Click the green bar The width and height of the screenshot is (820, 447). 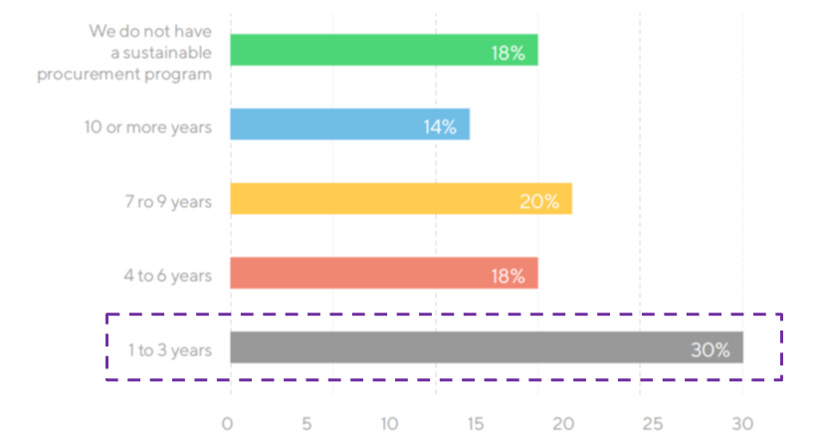pos(384,50)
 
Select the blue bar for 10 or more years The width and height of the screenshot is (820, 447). pos(350,124)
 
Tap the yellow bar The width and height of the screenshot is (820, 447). pos(401,198)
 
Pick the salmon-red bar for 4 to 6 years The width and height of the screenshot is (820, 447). pos(384,273)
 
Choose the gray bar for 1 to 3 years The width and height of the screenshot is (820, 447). pos(487,347)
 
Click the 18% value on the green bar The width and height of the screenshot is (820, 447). pos(508,53)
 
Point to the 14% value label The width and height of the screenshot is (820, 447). pos(440,127)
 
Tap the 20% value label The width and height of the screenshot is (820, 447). pos(539,201)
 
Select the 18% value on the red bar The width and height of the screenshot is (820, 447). pos(508,276)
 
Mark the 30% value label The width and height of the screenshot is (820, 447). pos(711,350)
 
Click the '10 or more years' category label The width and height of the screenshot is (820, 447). pos(148,127)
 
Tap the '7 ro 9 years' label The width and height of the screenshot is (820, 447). pos(168,201)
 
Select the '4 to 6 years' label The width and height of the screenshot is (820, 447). pos(168,276)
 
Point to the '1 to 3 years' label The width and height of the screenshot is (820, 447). pos(170,350)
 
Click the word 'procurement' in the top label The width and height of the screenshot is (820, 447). pos(89,75)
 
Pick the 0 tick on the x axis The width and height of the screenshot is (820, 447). pos(227,423)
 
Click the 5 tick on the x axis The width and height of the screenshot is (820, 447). pos(307,423)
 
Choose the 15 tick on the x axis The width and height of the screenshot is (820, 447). pos(475,423)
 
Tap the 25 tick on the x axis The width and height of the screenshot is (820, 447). pos(653,423)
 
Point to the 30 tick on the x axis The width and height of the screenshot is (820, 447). pos(742,423)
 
